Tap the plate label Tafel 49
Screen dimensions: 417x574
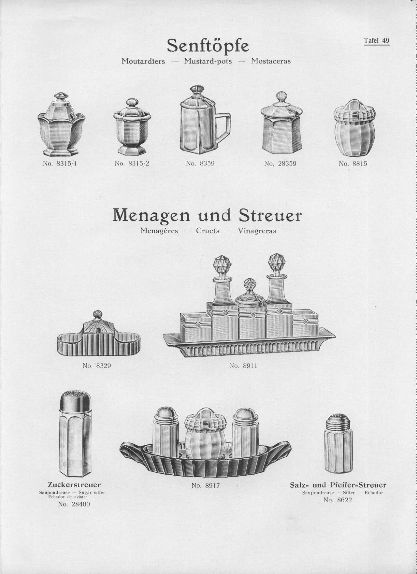point(377,40)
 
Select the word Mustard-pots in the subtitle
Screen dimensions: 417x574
point(208,61)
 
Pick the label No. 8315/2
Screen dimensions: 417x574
point(132,164)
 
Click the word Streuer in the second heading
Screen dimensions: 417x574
point(270,216)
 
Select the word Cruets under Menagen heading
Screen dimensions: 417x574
point(208,231)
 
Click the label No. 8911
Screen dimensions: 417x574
point(243,366)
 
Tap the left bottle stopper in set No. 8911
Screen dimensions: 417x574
point(222,266)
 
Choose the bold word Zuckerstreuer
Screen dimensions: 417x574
point(74,485)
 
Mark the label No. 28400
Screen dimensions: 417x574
point(74,504)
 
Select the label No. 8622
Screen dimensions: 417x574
point(338,500)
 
